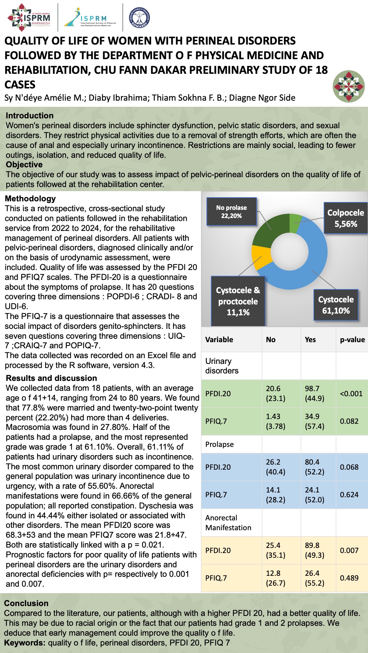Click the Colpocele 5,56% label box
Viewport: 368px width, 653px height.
point(346,218)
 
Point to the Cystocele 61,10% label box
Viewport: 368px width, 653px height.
point(336,305)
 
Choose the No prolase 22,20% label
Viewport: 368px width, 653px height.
point(231,212)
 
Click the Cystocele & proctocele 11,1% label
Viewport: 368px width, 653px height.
point(238,301)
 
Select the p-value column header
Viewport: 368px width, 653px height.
point(352,339)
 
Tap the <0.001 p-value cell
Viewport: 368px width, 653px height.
point(351,394)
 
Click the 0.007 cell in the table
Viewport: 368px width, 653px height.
point(349,550)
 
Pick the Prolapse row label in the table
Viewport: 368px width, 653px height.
point(219,445)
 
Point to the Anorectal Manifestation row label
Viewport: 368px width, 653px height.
point(228,523)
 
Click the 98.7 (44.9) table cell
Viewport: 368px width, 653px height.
point(315,394)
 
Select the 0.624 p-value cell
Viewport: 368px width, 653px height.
point(349,495)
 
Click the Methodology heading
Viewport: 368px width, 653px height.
point(30,199)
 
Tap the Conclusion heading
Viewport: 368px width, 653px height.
point(26,603)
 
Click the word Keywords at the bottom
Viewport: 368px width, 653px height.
point(25,643)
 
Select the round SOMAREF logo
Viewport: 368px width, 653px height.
point(139,18)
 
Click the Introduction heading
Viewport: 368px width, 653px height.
point(30,116)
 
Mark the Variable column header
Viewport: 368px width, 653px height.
point(219,339)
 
